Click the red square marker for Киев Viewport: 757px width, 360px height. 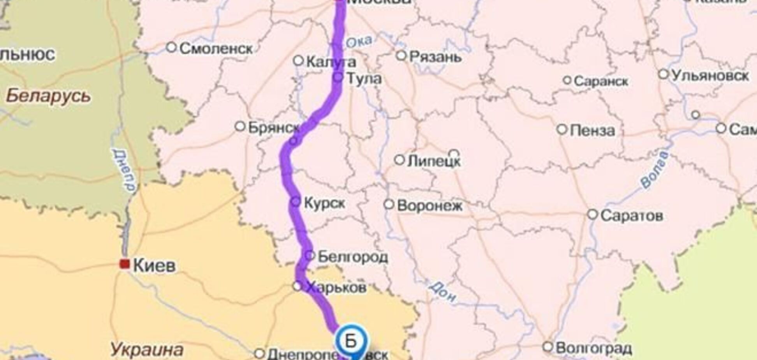[x=125, y=264]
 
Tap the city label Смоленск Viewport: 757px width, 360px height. [x=216, y=49]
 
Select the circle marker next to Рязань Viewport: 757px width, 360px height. [x=401, y=55]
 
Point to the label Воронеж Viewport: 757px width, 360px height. [x=430, y=205]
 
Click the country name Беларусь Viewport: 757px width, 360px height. [x=48, y=96]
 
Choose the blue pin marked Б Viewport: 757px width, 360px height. [x=351, y=341]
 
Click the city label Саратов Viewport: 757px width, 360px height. [x=631, y=215]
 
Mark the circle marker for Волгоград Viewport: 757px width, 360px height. [x=548, y=346]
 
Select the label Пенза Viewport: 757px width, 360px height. [x=592, y=131]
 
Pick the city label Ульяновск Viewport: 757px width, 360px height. [x=709, y=76]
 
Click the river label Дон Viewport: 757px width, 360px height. [x=443, y=291]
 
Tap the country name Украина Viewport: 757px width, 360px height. [x=146, y=349]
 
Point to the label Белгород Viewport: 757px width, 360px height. [x=352, y=257]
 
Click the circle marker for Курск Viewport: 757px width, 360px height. [x=296, y=201]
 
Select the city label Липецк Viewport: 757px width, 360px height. [x=433, y=161]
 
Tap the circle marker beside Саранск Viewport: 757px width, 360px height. [x=567, y=81]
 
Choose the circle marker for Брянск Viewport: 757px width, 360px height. [x=240, y=126]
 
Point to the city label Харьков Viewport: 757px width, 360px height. [x=336, y=288]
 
